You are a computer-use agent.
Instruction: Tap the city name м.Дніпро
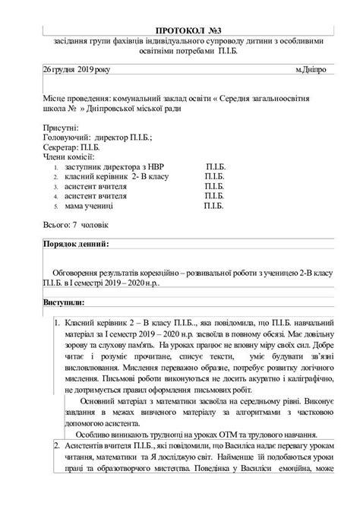(311, 69)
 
